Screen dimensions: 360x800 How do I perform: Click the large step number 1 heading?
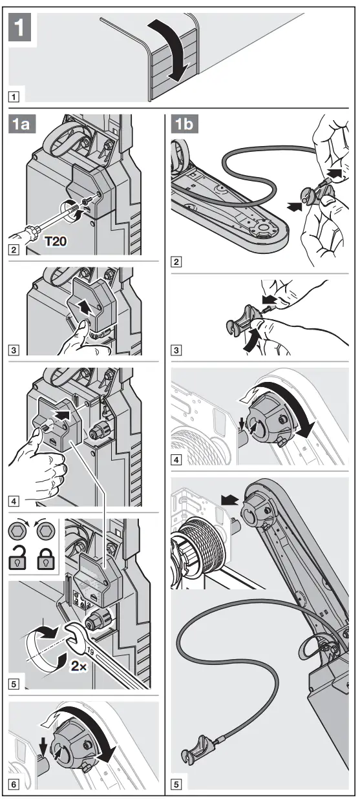click(x=20, y=27)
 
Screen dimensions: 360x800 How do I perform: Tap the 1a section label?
click(x=21, y=124)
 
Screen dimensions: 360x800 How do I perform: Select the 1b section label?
click(x=185, y=124)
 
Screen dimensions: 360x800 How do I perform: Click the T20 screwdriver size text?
click(x=56, y=242)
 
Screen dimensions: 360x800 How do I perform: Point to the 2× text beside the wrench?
click(x=78, y=666)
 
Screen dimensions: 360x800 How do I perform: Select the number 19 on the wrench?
click(x=90, y=652)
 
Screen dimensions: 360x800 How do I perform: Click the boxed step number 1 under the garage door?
click(x=14, y=96)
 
